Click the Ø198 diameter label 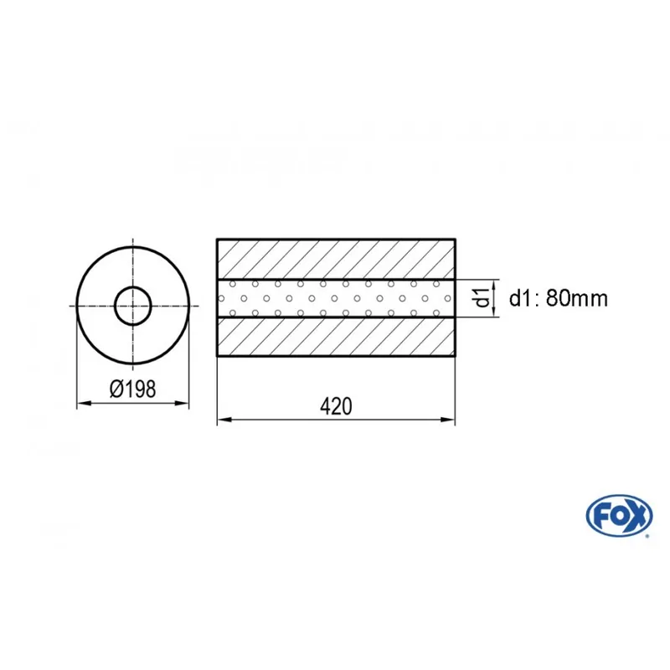point(133,389)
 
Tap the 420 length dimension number point(337,406)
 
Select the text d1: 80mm point(558,298)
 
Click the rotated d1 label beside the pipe point(482,298)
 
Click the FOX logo point(619,516)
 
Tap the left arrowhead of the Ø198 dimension point(84,403)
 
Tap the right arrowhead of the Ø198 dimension point(182,403)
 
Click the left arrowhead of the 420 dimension point(224,420)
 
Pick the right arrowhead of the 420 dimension point(448,420)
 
